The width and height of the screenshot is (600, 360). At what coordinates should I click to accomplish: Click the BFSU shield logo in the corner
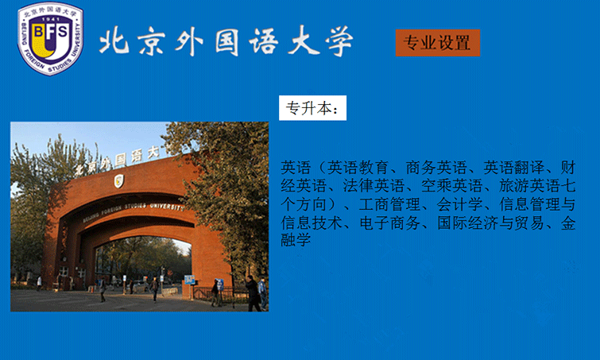(50, 38)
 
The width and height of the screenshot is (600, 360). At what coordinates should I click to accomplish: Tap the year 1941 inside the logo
(50, 19)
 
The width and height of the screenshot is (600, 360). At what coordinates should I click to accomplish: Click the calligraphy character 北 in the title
(114, 41)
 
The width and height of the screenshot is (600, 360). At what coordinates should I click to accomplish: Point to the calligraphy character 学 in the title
(339, 41)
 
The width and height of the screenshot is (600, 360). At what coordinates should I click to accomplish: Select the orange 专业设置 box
(438, 43)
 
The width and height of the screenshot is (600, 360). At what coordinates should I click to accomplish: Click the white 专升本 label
(312, 108)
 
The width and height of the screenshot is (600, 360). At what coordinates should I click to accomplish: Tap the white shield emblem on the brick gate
(118, 180)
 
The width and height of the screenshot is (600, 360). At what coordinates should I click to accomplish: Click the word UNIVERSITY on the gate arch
(166, 206)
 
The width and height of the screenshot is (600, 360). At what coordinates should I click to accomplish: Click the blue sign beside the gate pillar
(189, 280)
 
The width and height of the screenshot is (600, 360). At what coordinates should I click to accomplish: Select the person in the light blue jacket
(262, 293)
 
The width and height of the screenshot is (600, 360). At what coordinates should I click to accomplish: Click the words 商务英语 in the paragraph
(436, 168)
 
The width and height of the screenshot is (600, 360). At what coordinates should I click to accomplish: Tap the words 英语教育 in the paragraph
(358, 168)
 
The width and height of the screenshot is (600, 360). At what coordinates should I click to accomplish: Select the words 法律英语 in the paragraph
(374, 186)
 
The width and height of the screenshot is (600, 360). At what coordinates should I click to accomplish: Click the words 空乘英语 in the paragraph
(452, 186)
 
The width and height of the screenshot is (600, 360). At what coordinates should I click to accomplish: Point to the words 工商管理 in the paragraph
(389, 204)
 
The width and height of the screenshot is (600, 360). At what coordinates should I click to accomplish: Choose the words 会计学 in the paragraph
(459, 204)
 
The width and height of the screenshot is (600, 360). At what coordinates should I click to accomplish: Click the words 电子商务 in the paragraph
(390, 223)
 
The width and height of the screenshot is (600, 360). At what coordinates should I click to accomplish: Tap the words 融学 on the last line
(296, 241)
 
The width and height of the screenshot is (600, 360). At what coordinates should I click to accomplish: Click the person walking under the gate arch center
(154, 289)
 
